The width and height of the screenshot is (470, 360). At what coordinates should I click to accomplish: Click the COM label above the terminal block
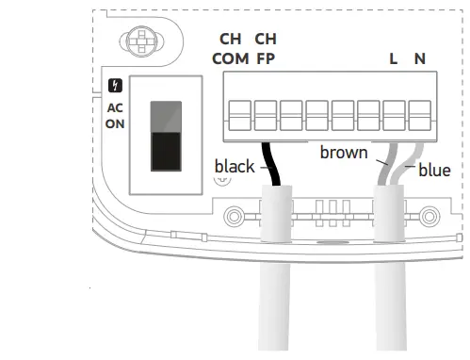pos(230,58)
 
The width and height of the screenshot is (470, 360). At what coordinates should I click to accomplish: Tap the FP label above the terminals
pos(266,58)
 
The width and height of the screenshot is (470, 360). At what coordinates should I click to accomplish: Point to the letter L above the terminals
pos(393,58)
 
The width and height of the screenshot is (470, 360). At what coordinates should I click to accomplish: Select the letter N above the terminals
pos(419,58)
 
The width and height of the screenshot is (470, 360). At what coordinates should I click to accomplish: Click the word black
pos(234,167)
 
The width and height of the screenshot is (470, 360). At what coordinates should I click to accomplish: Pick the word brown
pos(343,152)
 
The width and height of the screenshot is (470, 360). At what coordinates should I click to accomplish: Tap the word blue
pos(434,171)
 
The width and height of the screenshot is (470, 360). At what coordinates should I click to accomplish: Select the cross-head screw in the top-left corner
pos(139,42)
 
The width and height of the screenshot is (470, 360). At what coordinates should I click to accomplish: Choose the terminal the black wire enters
pos(266,119)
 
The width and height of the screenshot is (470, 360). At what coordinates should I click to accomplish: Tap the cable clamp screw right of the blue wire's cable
pos(430,213)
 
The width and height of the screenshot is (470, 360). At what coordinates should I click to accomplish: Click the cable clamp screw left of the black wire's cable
pos(223,213)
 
